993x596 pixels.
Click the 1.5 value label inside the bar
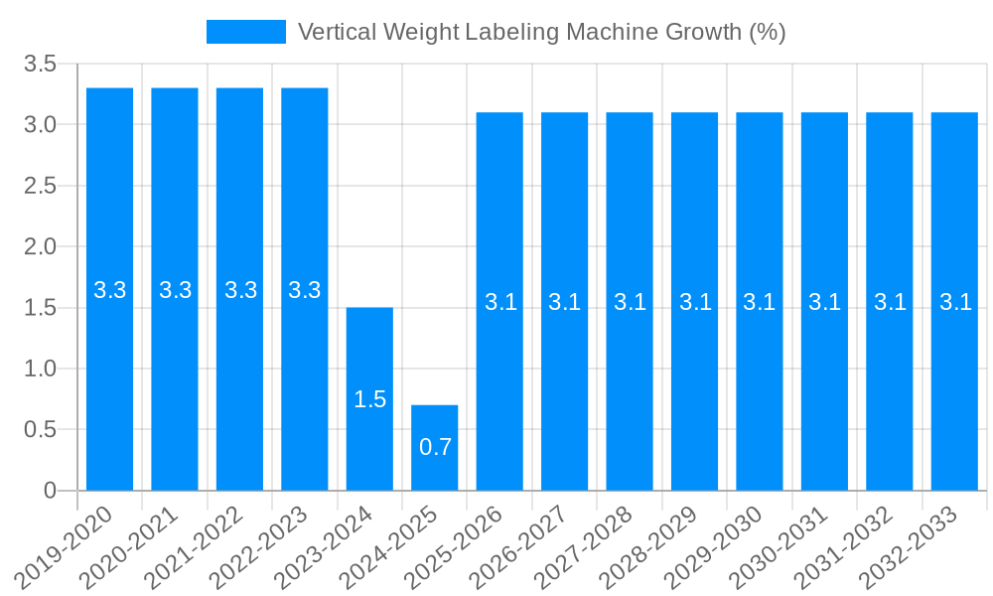[369, 399]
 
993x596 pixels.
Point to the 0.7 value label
[435, 447]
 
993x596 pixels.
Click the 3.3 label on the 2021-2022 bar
[240, 290]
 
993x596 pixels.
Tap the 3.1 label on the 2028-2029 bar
[695, 302]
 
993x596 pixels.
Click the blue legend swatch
[245, 32]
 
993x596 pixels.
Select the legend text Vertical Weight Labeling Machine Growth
[541, 32]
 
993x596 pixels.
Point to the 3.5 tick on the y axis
[41, 65]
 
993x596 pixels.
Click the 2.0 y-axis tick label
[41, 246]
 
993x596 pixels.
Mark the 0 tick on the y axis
[50, 491]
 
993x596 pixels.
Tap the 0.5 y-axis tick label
[41, 429]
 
